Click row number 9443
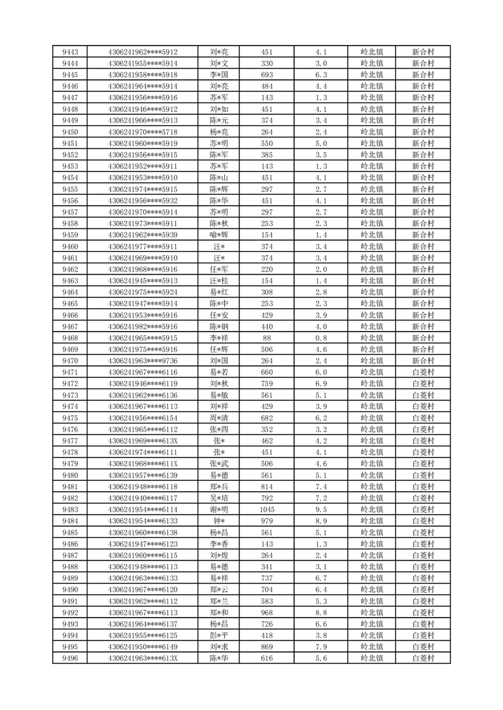pos(70,52)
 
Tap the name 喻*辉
pos(219,235)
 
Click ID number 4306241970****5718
pos(143,132)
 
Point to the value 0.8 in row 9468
pos(321,338)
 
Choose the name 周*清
pos(219,418)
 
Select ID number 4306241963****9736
pos(143,361)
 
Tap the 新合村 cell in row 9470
pos(423,361)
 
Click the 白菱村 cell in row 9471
pos(423,372)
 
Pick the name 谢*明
pos(219,509)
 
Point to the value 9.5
pos(321,509)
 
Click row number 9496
pos(70,658)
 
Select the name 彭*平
pos(219,635)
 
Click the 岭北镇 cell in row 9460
pos(371,246)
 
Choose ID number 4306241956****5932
pos(143,201)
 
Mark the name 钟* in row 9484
pos(219,521)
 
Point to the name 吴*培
pos(219,498)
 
